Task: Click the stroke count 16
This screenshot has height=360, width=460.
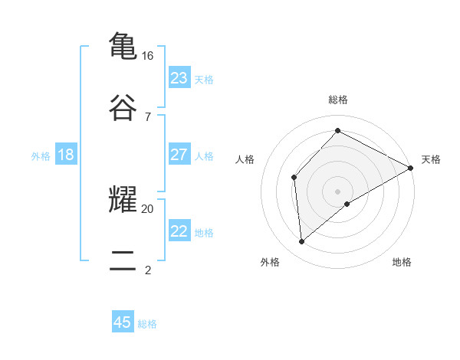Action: [148, 55]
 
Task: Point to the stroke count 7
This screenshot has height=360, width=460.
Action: [147, 116]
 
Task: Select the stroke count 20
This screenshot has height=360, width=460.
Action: [148, 208]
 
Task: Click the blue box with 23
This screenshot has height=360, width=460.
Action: [179, 78]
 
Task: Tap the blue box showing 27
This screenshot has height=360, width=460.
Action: [179, 155]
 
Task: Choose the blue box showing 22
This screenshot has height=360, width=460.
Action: [179, 231]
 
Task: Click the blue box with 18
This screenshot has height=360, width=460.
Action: [66, 155]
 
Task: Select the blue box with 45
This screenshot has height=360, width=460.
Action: [123, 322]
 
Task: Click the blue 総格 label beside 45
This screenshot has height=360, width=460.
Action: [147, 324]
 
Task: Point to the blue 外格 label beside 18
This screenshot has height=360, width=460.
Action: [41, 156]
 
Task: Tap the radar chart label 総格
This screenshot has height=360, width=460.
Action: [338, 100]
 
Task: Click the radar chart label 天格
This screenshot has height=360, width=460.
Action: [431, 159]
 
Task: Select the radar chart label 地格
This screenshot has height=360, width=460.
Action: [402, 262]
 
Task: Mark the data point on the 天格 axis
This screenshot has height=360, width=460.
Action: [411, 168]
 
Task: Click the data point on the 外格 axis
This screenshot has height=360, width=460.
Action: [302, 241]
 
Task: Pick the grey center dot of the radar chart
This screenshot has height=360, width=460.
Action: [338, 191]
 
